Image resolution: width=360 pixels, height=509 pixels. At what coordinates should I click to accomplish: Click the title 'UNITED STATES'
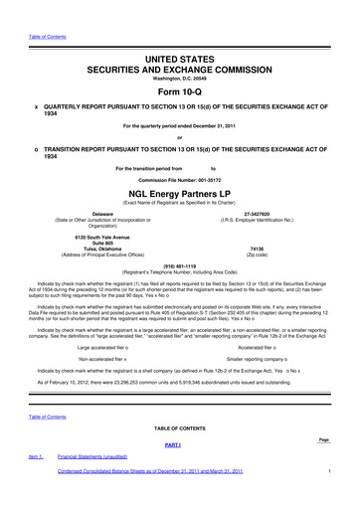click(179, 62)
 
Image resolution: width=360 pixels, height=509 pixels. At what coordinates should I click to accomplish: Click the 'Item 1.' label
click(35, 456)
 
